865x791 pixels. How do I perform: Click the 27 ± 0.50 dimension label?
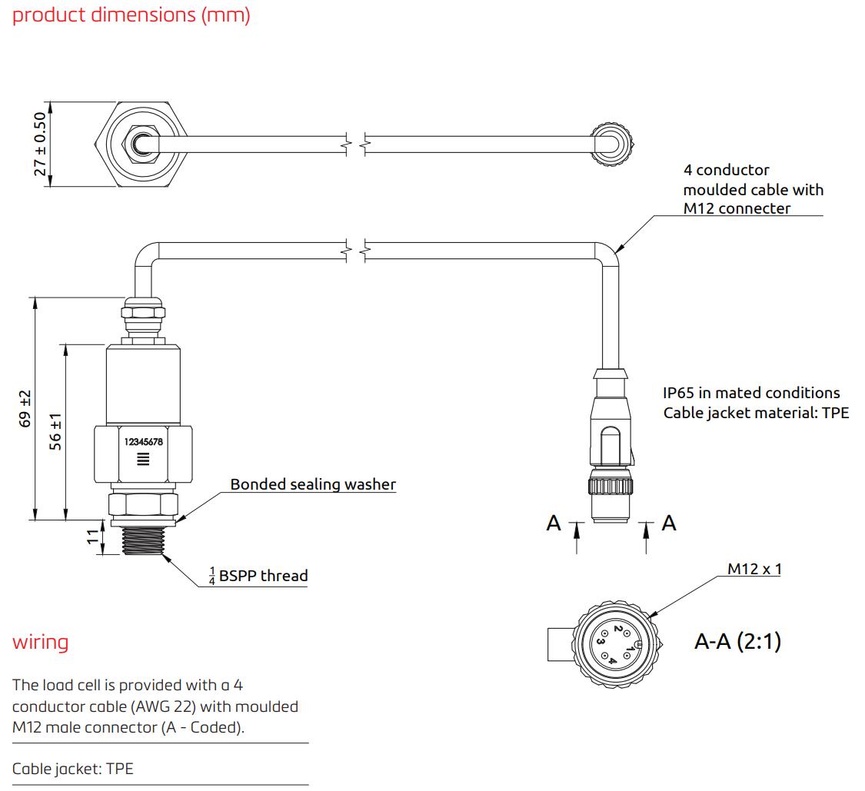[x=40, y=144]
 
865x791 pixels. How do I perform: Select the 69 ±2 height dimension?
[x=25, y=408]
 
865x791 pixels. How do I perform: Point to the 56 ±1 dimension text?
[x=55, y=432]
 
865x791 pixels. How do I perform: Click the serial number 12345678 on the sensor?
[x=143, y=442]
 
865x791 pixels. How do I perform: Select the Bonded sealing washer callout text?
[x=313, y=484]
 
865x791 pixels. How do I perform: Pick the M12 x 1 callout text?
[x=754, y=569]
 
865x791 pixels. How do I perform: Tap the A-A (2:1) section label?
[x=737, y=641]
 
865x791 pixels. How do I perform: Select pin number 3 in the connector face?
[x=600, y=640]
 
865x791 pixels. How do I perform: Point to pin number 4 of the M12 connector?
[x=613, y=659]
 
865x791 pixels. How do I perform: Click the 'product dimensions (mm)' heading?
[x=131, y=15]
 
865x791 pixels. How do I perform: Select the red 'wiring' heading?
[x=40, y=642]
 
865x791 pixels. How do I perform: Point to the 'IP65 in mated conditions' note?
[x=751, y=393]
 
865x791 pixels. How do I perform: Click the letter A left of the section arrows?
[x=554, y=523]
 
